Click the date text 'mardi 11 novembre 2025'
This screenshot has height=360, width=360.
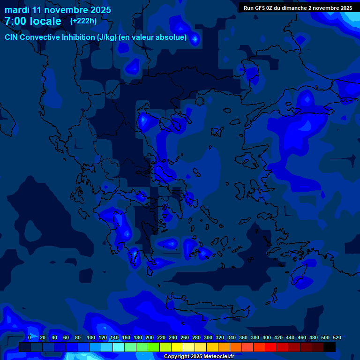tap(58, 10)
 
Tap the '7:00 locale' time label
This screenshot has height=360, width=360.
tap(33, 21)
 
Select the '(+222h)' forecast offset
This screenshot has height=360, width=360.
tap(83, 21)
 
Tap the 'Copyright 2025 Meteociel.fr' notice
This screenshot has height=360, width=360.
tap(199, 357)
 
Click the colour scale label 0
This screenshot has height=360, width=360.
tap(30, 337)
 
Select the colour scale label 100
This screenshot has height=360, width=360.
tap(90, 337)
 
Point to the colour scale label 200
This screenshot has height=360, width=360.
tap(149, 337)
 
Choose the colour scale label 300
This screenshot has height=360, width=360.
tap(208, 337)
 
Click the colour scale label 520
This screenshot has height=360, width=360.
tap(337, 337)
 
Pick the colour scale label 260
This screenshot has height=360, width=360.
tap(184, 337)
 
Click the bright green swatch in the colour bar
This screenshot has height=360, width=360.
tap(153, 347)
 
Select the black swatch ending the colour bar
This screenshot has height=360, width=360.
tap(329, 347)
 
